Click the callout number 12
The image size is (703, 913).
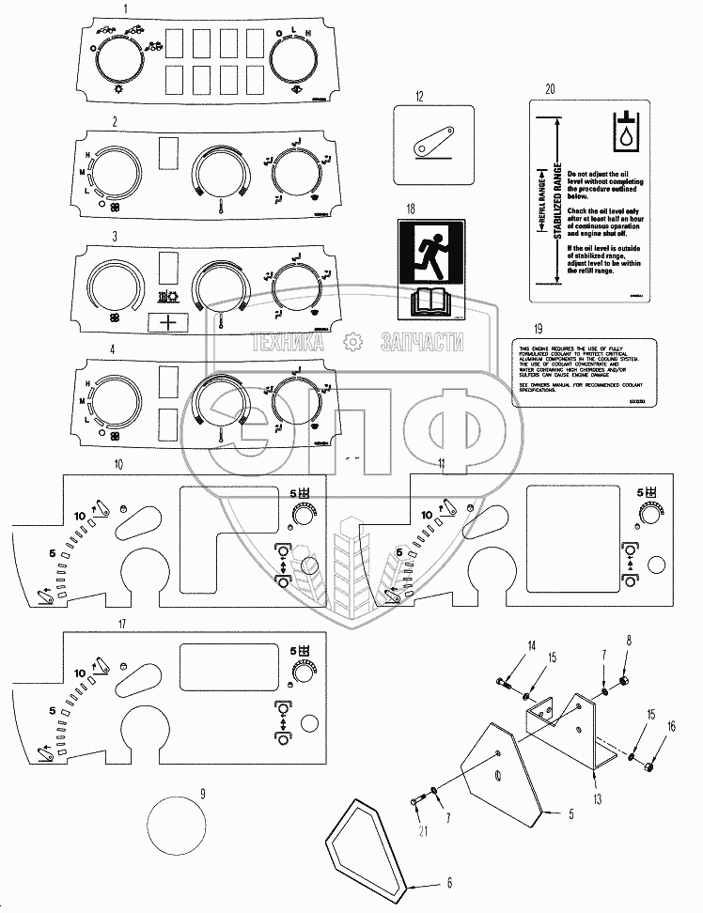click(x=420, y=96)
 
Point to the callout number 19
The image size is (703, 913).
click(x=538, y=328)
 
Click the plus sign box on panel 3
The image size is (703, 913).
click(x=169, y=321)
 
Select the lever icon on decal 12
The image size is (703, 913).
click(x=435, y=142)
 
